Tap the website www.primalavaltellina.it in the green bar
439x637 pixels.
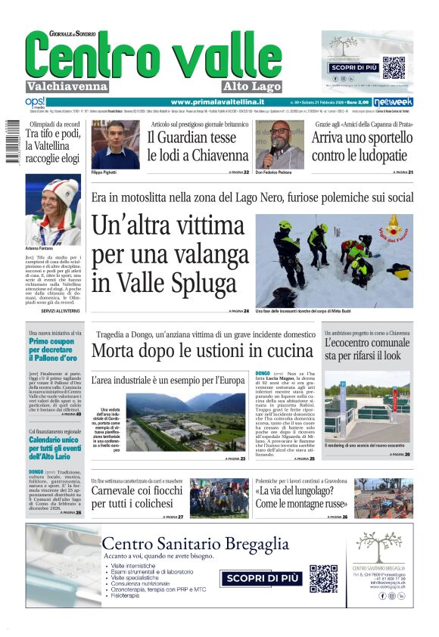click(217, 102)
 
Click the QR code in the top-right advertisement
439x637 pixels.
click(394, 67)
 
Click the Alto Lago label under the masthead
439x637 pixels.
click(253, 86)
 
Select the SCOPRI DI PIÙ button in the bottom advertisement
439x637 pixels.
click(256, 578)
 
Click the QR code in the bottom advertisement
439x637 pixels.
click(323, 579)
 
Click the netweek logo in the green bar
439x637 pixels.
click(394, 102)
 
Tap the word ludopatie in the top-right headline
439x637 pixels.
click(383, 156)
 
